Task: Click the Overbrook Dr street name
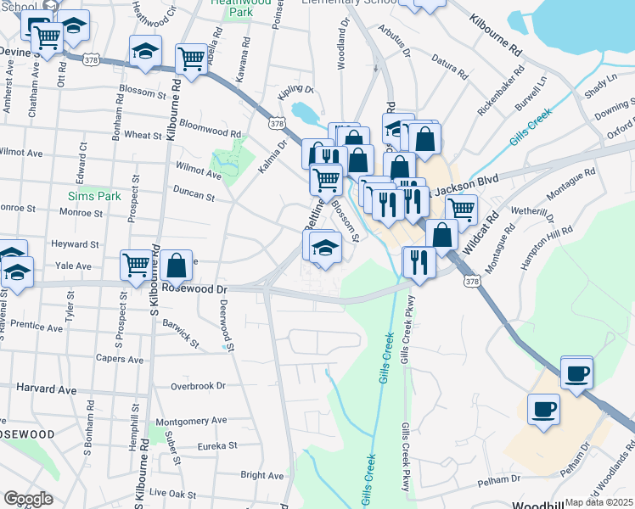pos(198,385)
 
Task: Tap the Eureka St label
pos(215,445)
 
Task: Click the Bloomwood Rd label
pos(211,132)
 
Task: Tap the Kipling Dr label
pos(295,89)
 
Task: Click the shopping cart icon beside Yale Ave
pos(136,265)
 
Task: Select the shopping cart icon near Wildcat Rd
pos(461,208)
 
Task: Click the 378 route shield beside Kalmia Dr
pos(276,124)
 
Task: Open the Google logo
pos(28,499)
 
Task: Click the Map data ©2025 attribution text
pos(598,502)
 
